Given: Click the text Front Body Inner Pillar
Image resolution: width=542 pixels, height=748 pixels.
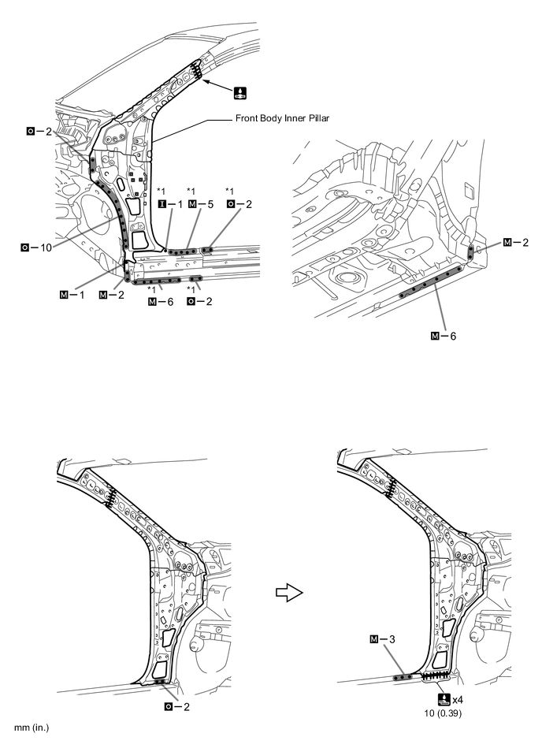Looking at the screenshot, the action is (x=282, y=117).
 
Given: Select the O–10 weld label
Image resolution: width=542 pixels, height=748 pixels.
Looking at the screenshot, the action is (x=36, y=247).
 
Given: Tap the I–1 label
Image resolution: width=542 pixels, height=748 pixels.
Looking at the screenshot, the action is (x=170, y=204).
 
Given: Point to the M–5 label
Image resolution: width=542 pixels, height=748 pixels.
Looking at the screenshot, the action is (x=202, y=204).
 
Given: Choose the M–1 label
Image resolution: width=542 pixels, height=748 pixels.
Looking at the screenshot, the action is (x=72, y=295).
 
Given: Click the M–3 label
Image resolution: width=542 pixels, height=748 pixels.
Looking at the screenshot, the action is (x=382, y=638).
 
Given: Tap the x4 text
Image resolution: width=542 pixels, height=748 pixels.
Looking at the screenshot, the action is (x=458, y=700).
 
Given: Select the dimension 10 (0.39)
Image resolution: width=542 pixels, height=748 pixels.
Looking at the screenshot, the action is (x=443, y=713).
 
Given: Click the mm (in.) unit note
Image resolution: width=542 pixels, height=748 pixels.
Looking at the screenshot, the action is (x=32, y=728).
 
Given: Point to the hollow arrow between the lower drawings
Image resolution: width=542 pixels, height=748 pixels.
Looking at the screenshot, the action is (x=289, y=594).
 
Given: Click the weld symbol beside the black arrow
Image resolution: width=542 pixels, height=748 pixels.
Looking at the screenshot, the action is (x=240, y=92).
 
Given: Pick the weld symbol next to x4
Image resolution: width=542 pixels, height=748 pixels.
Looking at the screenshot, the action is (x=444, y=699).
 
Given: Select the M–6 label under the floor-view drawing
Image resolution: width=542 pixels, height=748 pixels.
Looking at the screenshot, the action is (x=444, y=337).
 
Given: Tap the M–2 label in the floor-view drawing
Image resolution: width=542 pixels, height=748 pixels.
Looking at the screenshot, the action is (x=516, y=242).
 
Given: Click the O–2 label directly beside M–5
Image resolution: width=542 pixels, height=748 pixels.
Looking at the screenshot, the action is (x=239, y=204).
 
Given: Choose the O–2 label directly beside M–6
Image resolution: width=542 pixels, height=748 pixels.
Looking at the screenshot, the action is (x=199, y=302).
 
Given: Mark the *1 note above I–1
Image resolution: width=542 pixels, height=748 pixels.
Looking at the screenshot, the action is (x=161, y=192).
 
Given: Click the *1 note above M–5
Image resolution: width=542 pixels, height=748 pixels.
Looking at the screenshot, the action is (x=191, y=192).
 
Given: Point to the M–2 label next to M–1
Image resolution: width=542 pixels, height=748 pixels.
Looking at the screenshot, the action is (x=112, y=295).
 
